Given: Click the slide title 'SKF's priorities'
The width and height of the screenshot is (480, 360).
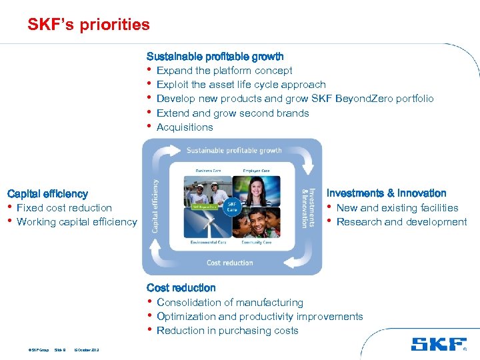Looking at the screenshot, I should pyautogui.click(x=89, y=25).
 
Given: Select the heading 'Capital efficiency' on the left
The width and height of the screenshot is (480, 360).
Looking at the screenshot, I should pyautogui.click(x=47, y=194).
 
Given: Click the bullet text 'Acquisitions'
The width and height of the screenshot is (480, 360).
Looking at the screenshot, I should pyautogui.click(x=185, y=127).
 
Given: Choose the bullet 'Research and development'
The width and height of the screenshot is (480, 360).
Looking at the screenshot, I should pyautogui.click(x=401, y=222).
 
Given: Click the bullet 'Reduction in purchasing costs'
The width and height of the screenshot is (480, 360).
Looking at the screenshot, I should pyautogui.click(x=227, y=331).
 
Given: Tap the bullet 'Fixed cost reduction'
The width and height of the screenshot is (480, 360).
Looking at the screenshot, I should pyautogui.click(x=64, y=208).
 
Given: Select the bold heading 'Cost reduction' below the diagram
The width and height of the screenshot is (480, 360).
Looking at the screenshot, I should pyautogui.click(x=181, y=288).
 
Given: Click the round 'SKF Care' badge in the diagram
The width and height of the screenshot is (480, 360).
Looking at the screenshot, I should pyautogui.click(x=232, y=206).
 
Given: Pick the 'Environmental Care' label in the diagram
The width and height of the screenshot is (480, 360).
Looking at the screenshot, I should pyautogui.click(x=208, y=243).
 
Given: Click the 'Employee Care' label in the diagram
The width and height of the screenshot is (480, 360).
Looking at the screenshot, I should pyautogui.click(x=256, y=171).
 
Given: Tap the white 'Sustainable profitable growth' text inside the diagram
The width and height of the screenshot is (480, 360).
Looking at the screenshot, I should pyautogui.click(x=233, y=151).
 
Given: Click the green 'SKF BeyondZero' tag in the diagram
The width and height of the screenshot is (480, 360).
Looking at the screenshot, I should pyautogui.click(x=205, y=207).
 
